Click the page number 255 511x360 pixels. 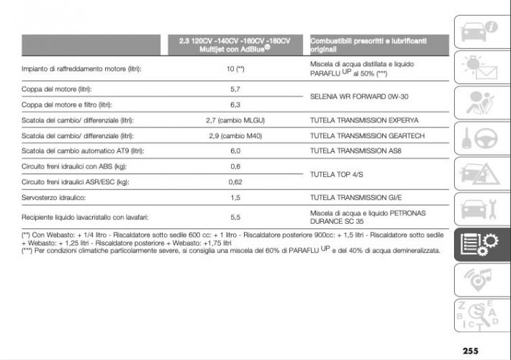click(x=471, y=351)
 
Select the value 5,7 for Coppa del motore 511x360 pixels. click(x=235, y=89)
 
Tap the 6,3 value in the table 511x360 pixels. click(x=235, y=104)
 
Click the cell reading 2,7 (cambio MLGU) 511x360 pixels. click(x=235, y=120)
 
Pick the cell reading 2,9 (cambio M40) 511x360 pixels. click(x=235, y=135)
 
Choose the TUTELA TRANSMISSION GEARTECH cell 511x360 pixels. click(x=367, y=135)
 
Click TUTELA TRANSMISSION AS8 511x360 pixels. click(x=356, y=151)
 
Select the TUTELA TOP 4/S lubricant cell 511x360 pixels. click(x=336, y=174)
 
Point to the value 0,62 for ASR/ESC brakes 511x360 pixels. click(x=235, y=182)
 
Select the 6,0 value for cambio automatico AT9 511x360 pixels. click(x=235, y=151)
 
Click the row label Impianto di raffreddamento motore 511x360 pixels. click(x=81, y=69)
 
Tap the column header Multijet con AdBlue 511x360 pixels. click(x=235, y=45)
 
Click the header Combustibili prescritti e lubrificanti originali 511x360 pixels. click(x=368, y=45)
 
